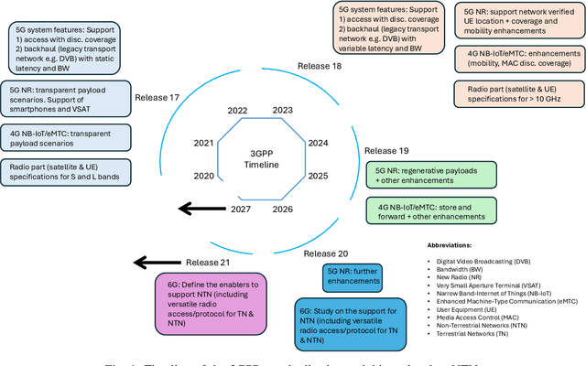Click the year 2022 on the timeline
(237, 110)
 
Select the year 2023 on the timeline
(282, 110)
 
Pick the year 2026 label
(282, 209)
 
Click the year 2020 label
(203, 175)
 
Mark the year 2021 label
(203, 143)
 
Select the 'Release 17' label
(157, 96)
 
